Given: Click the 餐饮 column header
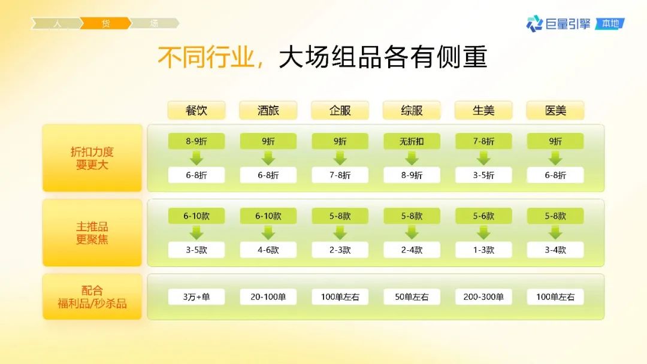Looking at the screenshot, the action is tap(196, 111).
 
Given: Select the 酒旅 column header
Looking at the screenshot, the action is tap(268, 111).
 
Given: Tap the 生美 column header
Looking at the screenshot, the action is tap(483, 111).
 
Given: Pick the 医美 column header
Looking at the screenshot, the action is tap(555, 111).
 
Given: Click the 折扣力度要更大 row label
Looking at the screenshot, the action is tap(92, 158).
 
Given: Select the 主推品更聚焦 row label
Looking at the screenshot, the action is tap(92, 233).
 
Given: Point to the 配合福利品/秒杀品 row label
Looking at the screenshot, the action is tap(92, 297).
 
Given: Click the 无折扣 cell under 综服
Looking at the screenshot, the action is tap(412, 141).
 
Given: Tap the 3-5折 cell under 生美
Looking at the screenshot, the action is tap(483, 175).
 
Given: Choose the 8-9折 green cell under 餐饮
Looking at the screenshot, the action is tap(196, 141).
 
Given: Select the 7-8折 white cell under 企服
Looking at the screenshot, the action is tap(340, 175).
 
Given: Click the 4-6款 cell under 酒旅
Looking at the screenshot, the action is tap(268, 250).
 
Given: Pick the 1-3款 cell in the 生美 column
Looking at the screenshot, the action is tap(483, 250).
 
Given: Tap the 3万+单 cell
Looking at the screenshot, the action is tap(196, 297).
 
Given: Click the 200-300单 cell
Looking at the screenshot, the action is tap(483, 297).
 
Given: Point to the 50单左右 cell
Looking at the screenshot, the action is tap(412, 297).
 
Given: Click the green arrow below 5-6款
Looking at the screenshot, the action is tap(483, 233).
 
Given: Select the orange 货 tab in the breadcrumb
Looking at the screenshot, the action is tap(105, 23).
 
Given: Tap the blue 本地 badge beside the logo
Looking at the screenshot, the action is tap(610, 23).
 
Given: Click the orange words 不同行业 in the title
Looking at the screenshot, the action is tap(206, 57).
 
